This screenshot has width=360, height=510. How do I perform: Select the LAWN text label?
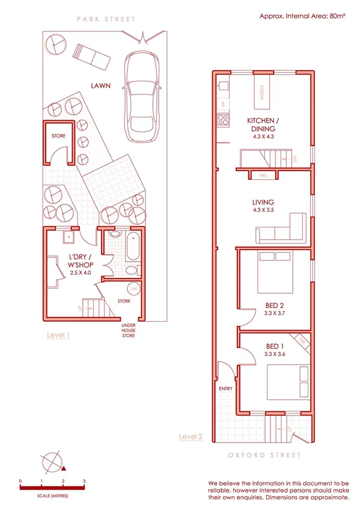[100, 86]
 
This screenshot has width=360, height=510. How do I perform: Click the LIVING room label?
[263, 203]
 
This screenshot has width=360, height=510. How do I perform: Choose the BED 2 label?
[273, 305]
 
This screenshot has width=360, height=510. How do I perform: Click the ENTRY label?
[226, 389]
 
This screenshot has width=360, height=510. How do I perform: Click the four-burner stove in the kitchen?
[222, 119]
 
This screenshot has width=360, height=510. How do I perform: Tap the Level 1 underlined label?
[58, 336]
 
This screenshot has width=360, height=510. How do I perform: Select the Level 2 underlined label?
[191, 437]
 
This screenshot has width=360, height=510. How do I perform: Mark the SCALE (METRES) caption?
[52, 496]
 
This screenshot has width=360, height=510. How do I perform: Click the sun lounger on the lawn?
[91, 56]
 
